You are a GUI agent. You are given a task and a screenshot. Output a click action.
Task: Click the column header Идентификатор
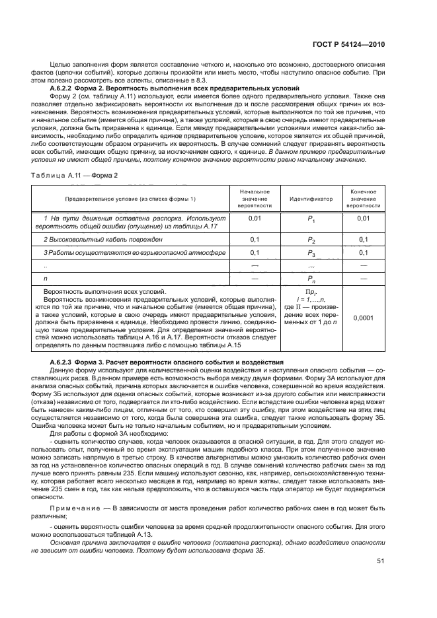[310, 198]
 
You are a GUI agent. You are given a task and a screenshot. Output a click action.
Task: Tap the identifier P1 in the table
[311, 219]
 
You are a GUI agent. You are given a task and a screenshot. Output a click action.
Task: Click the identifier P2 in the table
[311, 239]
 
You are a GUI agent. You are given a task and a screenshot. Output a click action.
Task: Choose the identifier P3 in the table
[311, 253]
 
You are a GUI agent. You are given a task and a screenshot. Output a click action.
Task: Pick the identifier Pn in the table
[311, 280]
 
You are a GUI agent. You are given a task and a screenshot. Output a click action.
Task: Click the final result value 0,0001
[363, 318]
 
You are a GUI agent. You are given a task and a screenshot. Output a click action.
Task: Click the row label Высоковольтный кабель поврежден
[102, 238]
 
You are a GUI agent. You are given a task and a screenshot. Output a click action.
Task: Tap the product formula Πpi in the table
[309, 291]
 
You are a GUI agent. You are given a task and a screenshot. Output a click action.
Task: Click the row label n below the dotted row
[45, 280]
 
